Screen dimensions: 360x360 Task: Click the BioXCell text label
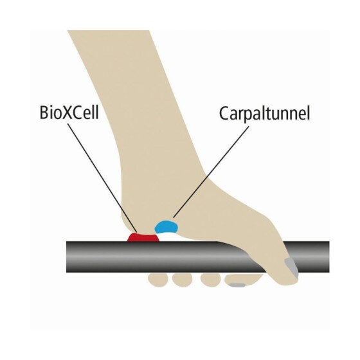[x=69, y=113]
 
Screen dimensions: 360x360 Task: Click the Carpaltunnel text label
[x=264, y=113]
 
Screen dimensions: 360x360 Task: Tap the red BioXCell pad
[x=143, y=237]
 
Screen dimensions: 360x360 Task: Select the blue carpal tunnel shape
[x=166, y=226]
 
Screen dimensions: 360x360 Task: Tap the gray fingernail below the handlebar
[x=238, y=285]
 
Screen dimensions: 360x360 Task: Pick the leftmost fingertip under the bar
[x=158, y=280]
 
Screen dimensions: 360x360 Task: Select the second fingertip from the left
[x=182, y=280]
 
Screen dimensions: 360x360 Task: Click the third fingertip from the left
[x=211, y=280]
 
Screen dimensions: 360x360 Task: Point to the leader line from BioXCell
[x=102, y=178]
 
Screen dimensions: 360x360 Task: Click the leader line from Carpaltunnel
[x=211, y=172]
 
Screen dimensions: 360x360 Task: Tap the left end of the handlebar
[x=67, y=257]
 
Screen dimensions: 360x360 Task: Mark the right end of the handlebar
[x=328, y=257]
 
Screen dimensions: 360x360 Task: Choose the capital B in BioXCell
[x=44, y=113]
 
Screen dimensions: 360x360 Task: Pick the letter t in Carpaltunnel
[x=268, y=114]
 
